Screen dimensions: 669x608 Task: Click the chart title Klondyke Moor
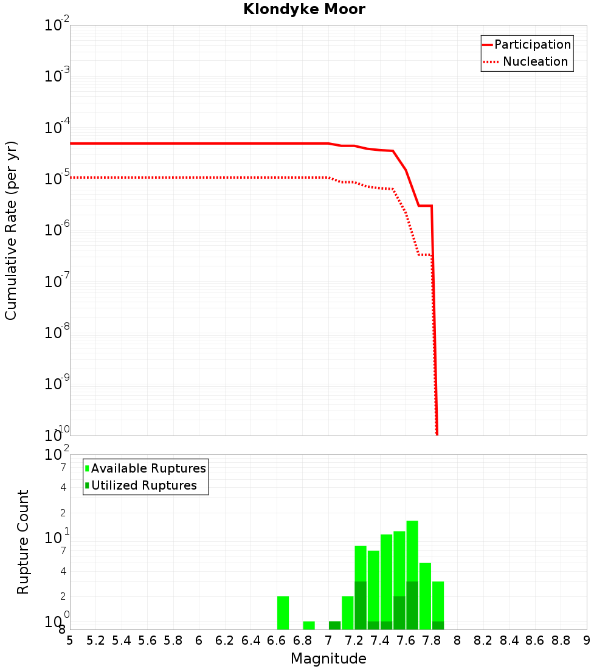pos(304,9)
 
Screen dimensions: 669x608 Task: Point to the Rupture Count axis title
pos(23,542)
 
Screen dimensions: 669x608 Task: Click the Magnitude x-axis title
pos(328,659)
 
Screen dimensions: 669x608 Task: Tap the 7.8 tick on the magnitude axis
pos(432,640)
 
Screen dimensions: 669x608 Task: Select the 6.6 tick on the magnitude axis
pos(277,640)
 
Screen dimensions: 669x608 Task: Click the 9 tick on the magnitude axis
pos(587,640)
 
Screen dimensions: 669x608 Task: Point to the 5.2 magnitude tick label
pos(96,640)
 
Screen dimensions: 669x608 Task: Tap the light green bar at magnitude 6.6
pos(283,612)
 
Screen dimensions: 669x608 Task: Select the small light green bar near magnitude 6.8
pos(309,625)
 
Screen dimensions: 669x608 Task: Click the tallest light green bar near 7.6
pos(412,550)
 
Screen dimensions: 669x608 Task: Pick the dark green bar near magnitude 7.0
pos(334,625)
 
